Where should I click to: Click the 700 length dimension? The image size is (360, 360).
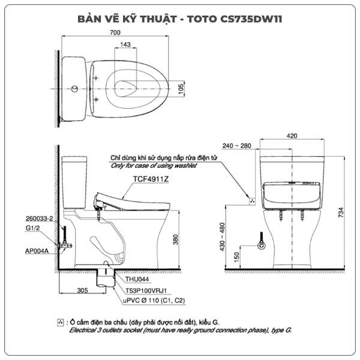[x=115, y=32]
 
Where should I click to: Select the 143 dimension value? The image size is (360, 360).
[x=125, y=44]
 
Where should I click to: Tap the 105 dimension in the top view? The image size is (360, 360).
[x=181, y=89]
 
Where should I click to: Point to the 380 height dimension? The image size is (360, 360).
[x=175, y=239]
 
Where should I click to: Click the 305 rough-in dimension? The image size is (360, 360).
[x=82, y=290]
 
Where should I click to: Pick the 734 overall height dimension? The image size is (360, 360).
[x=341, y=212]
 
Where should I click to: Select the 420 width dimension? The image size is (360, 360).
[x=292, y=136]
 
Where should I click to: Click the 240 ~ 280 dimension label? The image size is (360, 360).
[x=237, y=146]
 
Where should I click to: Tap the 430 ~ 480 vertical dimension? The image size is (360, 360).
[x=222, y=237]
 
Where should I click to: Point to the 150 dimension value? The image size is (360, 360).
[x=236, y=257]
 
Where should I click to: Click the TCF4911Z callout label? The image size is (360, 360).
[x=151, y=179]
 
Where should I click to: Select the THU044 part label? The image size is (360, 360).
[x=137, y=279]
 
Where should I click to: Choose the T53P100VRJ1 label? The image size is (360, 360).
[x=146, y=290]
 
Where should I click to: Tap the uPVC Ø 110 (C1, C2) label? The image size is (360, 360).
[x=154, y=301]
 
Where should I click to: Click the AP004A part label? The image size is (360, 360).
[x=37, y=251]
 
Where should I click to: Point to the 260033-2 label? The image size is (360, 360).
[x=39, y=218]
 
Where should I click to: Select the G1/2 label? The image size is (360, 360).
[x=32, y=228]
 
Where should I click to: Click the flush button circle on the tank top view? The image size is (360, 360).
[x=74, y=89]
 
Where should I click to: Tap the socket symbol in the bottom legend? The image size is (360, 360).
[x=61, y=322]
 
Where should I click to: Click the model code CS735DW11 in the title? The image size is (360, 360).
[x=251, y=19]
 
